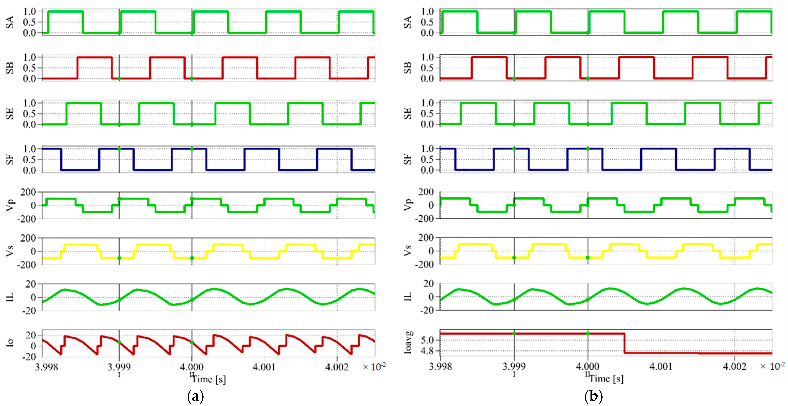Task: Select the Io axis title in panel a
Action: tap(10, 343)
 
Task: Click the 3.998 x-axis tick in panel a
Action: tap(46, 367)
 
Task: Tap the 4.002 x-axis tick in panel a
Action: tap(337, 367)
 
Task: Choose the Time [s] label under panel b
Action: tap(607, 379)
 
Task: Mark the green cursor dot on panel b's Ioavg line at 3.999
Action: tap(514, 333)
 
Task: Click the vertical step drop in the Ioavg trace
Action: tap(624, 343)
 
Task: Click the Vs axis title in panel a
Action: tap(10, 251)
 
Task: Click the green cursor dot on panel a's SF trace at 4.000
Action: tap(192, 149)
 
